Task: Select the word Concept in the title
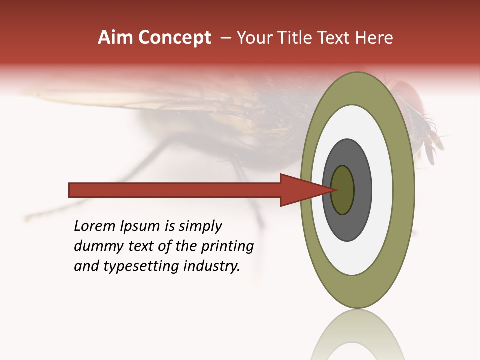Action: click(175, 38)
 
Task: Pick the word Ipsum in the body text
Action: click(140, 227)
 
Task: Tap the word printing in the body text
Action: click(227, 247)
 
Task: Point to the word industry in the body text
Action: click(212, 266)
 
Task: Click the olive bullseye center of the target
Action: click(343, 190)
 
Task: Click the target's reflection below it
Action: click(358, 337)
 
